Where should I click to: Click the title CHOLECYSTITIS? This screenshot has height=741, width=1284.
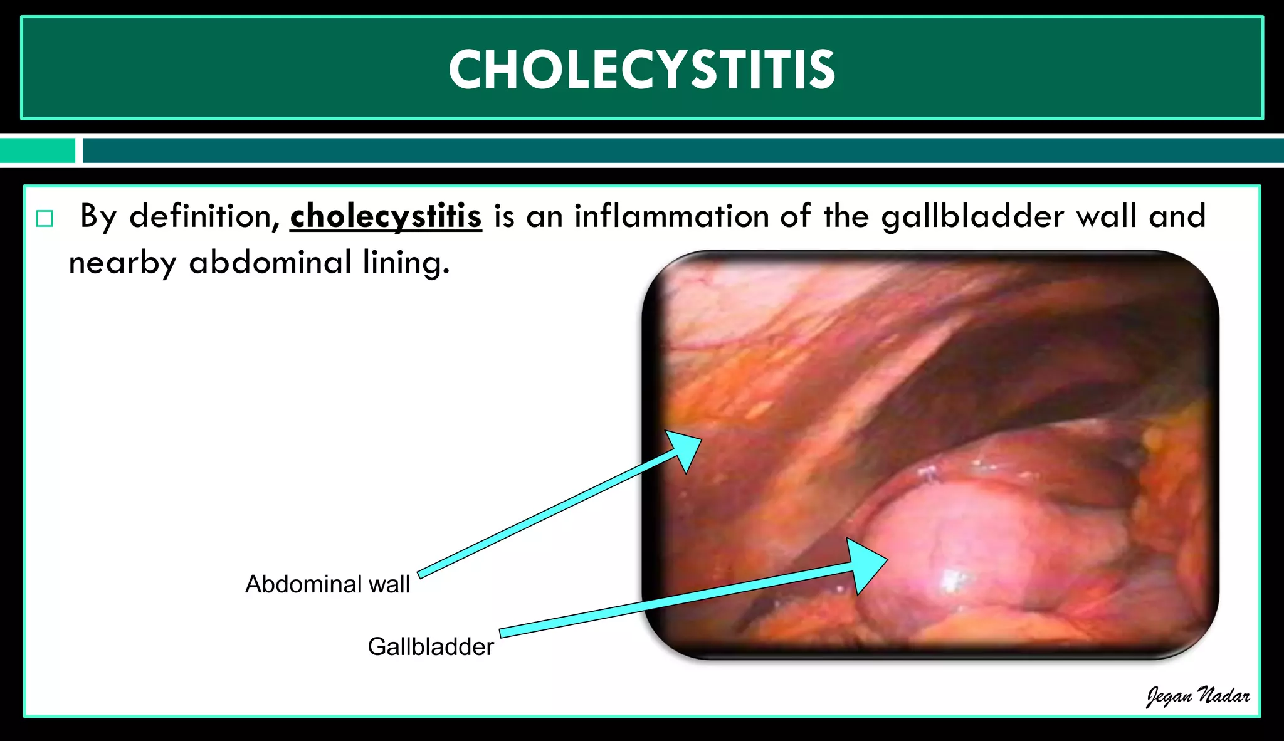pyautogui.click(x=641, y=69)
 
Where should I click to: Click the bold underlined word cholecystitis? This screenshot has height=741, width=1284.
pyautogui.click(x=386, y=217)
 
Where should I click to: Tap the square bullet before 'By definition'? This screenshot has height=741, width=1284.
pyautogui.click(x=45, y=219)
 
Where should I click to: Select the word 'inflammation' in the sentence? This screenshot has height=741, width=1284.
pyautogui.click(x=671, y=216)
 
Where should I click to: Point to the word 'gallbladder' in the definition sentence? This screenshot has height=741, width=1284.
pyautogui.click(x=972, y=217)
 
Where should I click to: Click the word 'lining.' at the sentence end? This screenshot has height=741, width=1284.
pyautogui.click(x=406, y=263)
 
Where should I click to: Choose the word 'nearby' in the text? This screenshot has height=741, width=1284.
pyautogui.click(x=122, y=263)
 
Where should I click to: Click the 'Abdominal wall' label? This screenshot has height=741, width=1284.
pyautogui.click(x=327, y=584)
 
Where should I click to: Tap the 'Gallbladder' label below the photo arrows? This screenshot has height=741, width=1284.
pyautogui.click(x=431, y=647)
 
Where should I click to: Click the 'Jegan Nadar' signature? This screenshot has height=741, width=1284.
pyautogui.click(x=1197, y=696)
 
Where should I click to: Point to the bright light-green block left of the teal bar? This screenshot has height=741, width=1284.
pyautogui.click(x=38, y=150)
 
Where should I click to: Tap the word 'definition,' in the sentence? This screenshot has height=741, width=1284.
pyautogui.click(x=204, y=217)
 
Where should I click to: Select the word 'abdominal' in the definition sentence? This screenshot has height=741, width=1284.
pyautogui.click(x=270, y=263)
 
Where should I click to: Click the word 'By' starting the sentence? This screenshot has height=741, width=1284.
pyautogui.click(x=98, y=217)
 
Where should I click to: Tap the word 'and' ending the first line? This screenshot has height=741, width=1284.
pyautogui.click(x=1177, y=216)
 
